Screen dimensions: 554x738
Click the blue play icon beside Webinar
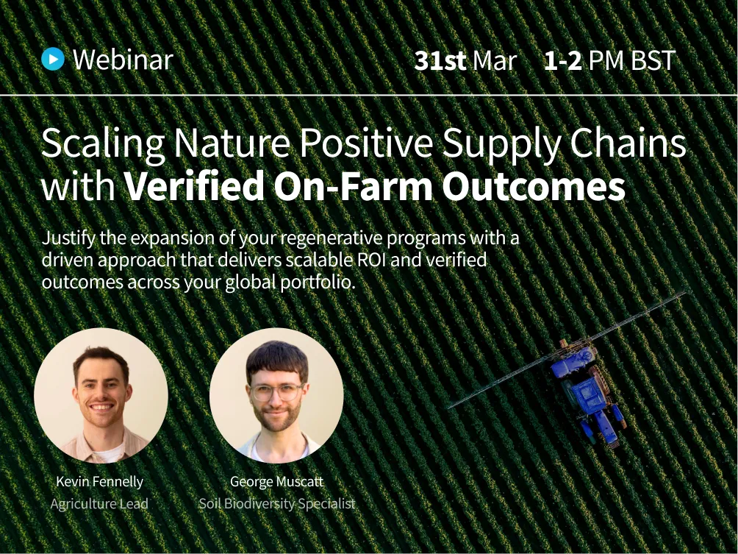pos(53,59)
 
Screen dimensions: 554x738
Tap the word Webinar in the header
pos(123,60)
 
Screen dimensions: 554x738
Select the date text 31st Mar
pos(465,60)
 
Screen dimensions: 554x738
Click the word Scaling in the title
pos(103,144)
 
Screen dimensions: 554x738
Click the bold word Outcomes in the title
pos(533,187)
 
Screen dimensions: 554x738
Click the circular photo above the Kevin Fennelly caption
pos(101,394)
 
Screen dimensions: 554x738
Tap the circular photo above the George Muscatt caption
pos(276,394)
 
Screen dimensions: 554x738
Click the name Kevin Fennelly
pos(99,482)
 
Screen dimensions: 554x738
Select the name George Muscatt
pos(276,482)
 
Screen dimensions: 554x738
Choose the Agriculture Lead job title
pos(99,504)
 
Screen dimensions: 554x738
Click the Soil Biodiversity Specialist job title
pos(276,504)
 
